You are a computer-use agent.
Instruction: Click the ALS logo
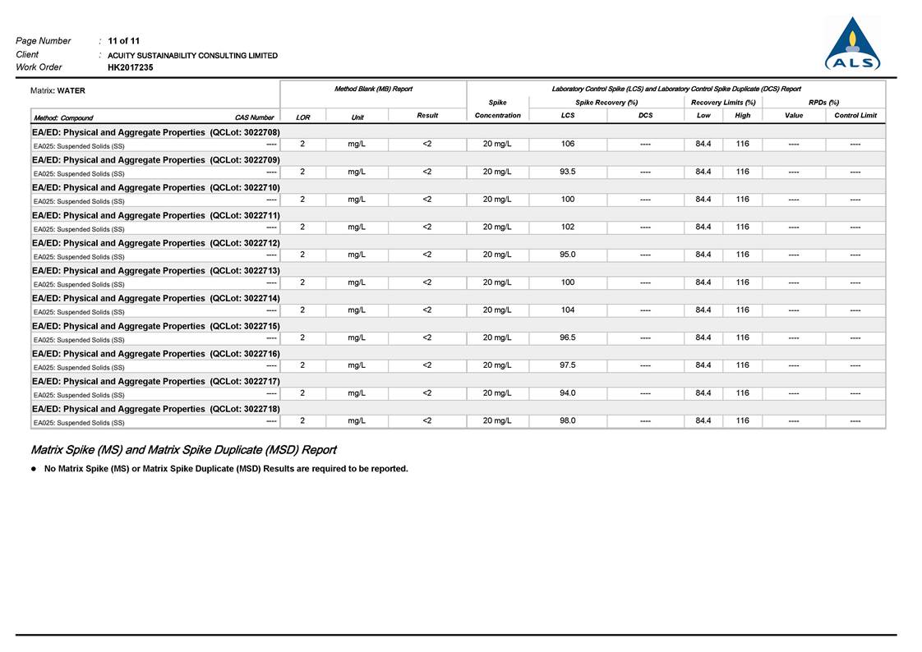[x=852, y=45]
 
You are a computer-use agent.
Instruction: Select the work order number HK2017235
[x=130, y=67]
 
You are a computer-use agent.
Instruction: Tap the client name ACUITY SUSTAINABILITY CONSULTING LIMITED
[x=192, y=55]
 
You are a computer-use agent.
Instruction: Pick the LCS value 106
[x=568, y=144]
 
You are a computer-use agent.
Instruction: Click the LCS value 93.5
[x=568, y=172]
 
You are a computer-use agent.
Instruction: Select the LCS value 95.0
[x=568, y=255]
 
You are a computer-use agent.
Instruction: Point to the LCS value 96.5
[x=568, y=337]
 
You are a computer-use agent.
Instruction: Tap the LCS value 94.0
[x=568, y=393]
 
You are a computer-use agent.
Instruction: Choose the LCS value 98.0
[x=568, y=420]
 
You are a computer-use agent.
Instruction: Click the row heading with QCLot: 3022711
[x=156, y=215]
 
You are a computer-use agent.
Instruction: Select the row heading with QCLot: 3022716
[x=156, y=353]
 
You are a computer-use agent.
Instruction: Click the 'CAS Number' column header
[x=254, y=117]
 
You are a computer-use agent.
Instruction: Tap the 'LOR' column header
[x=302, y=117]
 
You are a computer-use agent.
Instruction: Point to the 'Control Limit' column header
[x=855, y=116]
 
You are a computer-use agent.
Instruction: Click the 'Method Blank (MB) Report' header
[x=373, y=89]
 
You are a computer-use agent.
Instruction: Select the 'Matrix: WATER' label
[x=58, y=90]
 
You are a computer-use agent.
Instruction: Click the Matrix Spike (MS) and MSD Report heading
[x=183, y=450]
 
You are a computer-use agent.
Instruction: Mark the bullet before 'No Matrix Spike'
[x=34, y=469]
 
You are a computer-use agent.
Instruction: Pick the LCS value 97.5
[x=568, y=365]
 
